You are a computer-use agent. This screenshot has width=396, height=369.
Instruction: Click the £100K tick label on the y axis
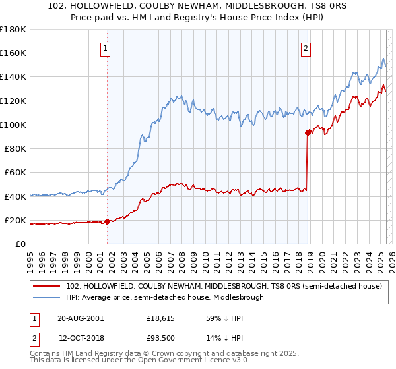[13, 125]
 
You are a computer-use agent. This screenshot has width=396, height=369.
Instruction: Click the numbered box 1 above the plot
[106, 47]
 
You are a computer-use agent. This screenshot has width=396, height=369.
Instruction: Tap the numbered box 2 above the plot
[307, 47]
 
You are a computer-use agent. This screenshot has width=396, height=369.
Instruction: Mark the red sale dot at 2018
[308, 132]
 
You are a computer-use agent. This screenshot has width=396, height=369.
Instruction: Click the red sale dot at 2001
[108, 222]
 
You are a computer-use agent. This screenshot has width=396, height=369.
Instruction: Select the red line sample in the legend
[47, 286]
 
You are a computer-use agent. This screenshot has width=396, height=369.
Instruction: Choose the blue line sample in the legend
[47, 297]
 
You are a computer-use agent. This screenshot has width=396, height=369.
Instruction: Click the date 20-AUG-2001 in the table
[81, 318]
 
